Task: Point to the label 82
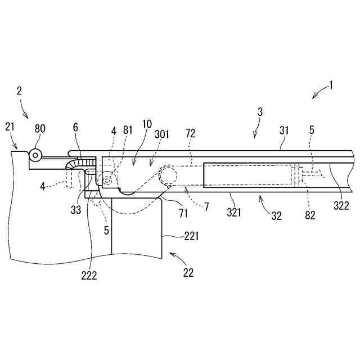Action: [310, 214]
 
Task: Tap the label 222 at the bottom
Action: [89, 275]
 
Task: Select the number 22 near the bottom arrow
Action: [188, 273]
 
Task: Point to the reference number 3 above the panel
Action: [260, 112]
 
